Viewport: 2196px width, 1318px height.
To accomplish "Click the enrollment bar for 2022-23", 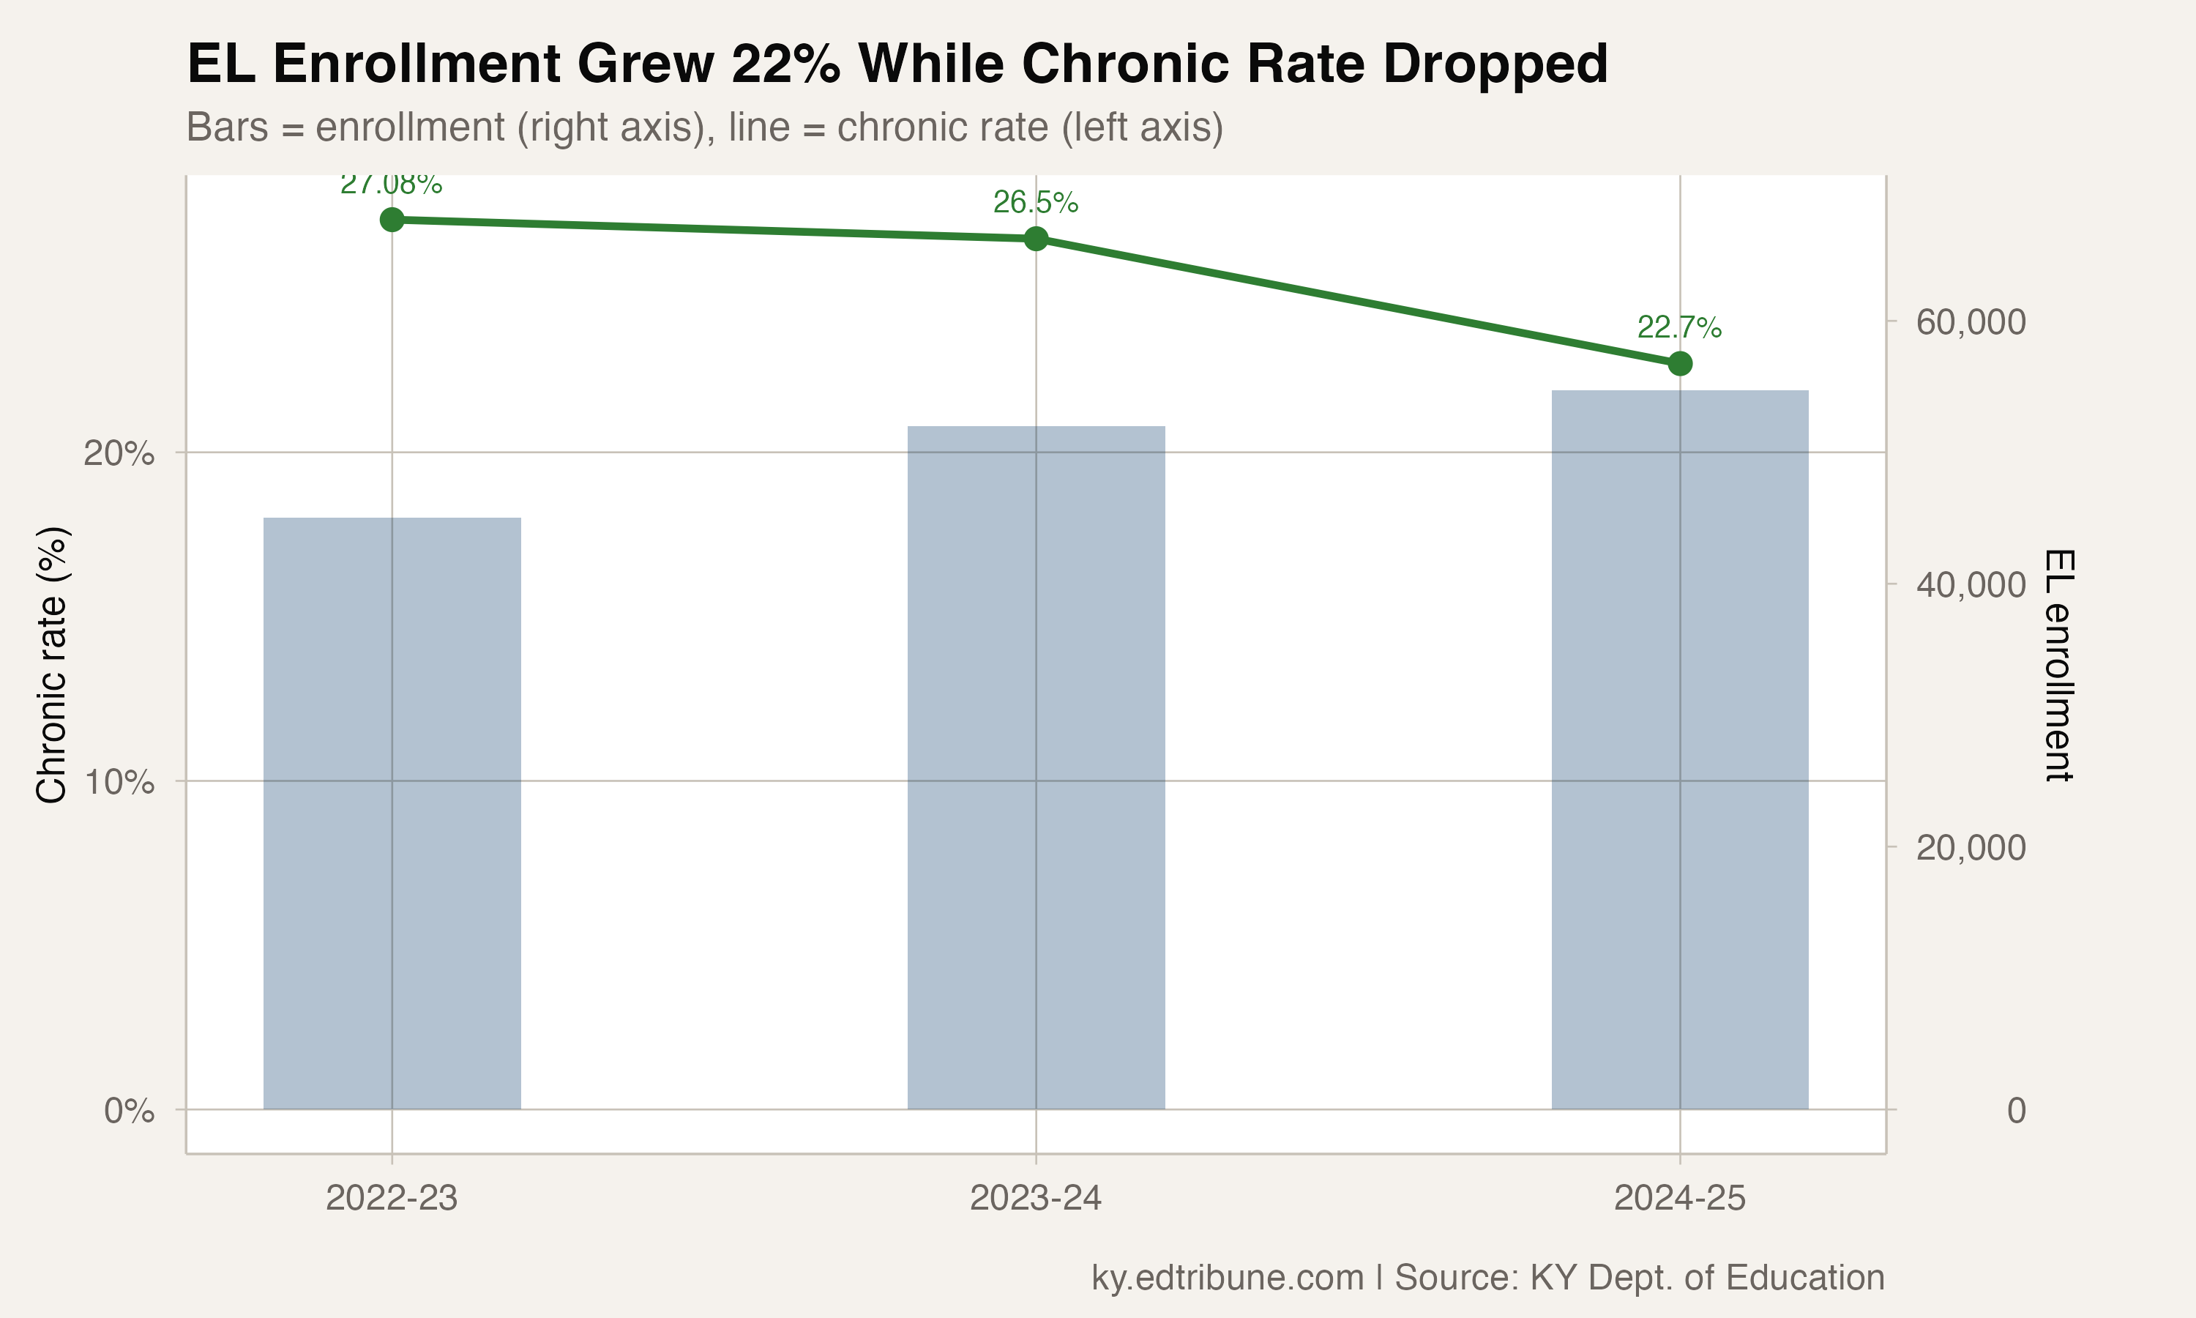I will (x=392, y=813).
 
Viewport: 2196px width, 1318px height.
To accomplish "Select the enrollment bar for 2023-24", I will (x=1035, y=767).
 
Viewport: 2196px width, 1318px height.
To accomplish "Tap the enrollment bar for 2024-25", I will (x=1678, y=750).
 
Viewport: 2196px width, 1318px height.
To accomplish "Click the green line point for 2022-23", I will (x=392, y=220).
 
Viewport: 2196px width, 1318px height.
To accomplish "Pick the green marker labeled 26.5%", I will (x=1035, y=238).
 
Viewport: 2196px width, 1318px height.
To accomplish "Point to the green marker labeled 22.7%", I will (x=1678, y=363).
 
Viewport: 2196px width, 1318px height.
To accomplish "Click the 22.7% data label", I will (x=1678, y=328).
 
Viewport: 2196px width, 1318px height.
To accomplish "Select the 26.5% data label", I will (x=1035, y=203).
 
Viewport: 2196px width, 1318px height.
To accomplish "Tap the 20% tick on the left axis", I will (x=118, y=454).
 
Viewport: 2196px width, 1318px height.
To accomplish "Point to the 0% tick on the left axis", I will (x=129, y=1111).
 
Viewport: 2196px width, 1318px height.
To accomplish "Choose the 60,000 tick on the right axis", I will (x=1971, y=321).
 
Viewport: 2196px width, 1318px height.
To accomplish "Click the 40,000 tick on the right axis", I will (x=1971, y=584).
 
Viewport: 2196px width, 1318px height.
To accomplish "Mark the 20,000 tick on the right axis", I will (x=1971, y=847).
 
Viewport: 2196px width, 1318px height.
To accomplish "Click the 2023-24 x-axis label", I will (x=1035, y=1199).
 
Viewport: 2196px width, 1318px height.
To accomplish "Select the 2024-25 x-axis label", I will (x=1678, y=1199).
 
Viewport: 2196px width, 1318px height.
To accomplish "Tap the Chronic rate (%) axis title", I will (x=51, y=665).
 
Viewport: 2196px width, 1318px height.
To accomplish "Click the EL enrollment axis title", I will (x=2058, y=665).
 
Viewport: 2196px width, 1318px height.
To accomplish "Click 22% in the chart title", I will (x=785, y=64).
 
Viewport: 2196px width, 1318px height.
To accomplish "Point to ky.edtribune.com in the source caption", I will (x=1227, y=1278).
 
